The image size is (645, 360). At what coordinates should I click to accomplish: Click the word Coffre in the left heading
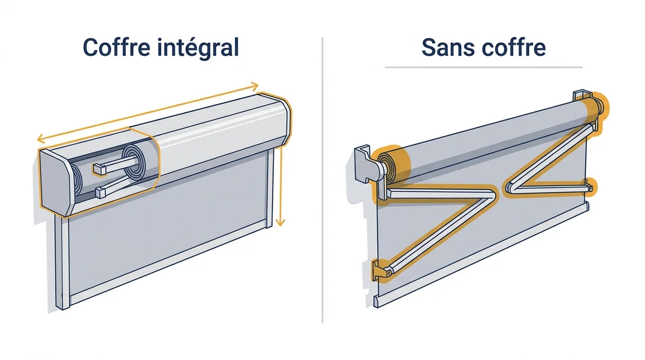(116, 47)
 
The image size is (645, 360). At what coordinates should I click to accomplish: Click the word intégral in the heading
(198, 48)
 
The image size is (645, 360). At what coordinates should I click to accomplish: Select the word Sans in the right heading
(448, 47)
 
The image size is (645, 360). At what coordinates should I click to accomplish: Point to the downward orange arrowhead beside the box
(280, 222)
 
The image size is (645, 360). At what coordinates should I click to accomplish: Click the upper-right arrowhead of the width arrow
(254, 85)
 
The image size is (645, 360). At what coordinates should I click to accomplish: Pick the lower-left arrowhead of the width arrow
(41, 139)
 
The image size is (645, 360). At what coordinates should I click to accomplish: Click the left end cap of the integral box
(55, 183)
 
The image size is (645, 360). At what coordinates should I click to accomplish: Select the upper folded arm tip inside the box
(99, 169)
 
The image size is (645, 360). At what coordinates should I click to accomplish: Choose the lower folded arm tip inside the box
(101, 193)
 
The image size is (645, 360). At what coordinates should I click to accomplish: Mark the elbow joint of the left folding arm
(490, 194)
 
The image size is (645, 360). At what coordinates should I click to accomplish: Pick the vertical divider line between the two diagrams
(322, 180)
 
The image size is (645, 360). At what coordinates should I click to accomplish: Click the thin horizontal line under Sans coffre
(484, 67)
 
